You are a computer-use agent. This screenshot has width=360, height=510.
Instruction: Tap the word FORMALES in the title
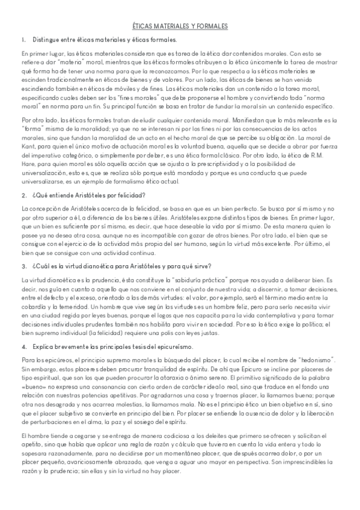212,27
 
